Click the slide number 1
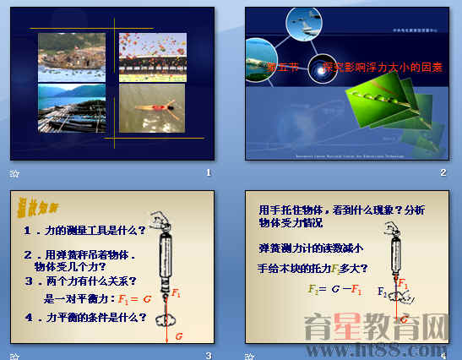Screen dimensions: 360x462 click(x=208, y=172)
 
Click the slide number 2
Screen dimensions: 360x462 click(x=443, y=172)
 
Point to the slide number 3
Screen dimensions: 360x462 click(x=208, y=354)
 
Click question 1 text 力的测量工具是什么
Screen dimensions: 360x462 click(x=84, y=230)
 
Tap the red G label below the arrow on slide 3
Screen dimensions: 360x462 click(x=179, y=335)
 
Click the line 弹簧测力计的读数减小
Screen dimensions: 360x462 click(x=312, y=248)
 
